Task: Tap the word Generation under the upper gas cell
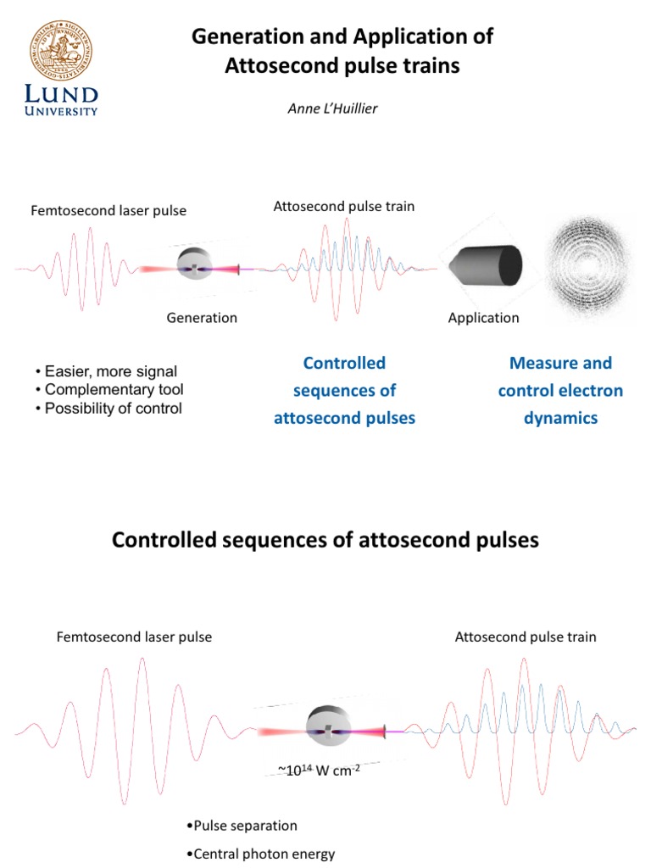pyautogui.click(x=202, y=318)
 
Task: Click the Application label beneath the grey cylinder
pyautogui.click(x=483, y=318)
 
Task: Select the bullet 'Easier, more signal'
pyautogui.click(x=107, y=371)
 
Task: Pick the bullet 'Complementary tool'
pyautogui.click(x=109, y=390)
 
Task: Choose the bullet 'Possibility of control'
pyautogui.click(x=108, y=408)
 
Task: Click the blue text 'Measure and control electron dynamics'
pyautogui.click(x=560, y=390)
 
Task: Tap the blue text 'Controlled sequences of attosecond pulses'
pyautogui.click(x=344, y=390)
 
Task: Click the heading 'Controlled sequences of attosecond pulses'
pyautogui.click(x=325, y=540)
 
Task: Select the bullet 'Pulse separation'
pyautogui.click(x=241, y=825)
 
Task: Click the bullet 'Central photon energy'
pyautogui.click(x=259, y=854)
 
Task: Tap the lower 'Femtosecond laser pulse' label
pyautogui.click(x=134, y=637)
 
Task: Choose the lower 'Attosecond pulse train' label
pyautogui.click(x=526, y=637)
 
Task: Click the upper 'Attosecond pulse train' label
pyautogui.click(x=344, y=206)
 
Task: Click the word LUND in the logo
pyautogui.click(x=61, y=93)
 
